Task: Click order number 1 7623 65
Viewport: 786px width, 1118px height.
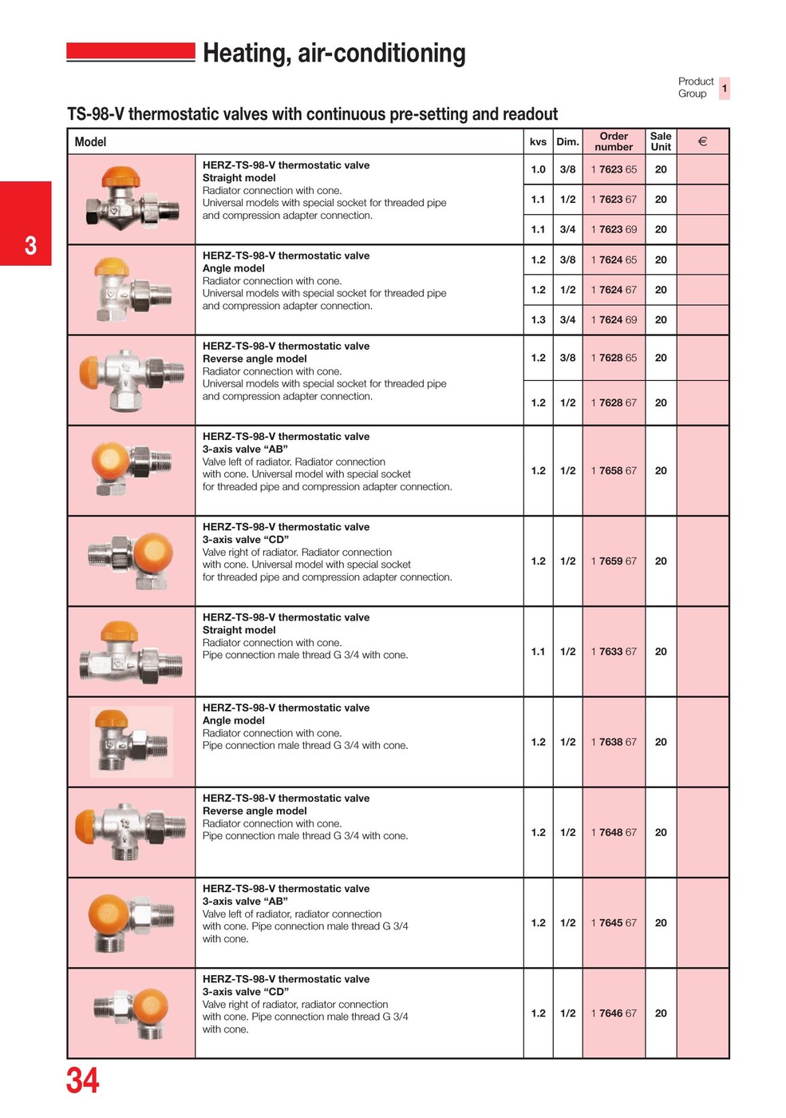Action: pos(614,169)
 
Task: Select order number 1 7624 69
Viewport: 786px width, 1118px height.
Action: pos(614,319)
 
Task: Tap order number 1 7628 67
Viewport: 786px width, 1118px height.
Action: pos(614,402)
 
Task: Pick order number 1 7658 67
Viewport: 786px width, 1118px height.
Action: pos(614,470)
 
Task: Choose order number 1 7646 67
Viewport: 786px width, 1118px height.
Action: pos(614,1013)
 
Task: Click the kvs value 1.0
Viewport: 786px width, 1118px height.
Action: pos(539,169)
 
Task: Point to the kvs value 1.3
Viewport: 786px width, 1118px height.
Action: pos(539,319)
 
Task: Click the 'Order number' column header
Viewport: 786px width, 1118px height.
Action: pos(614,141)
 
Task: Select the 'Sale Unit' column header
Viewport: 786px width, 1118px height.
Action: pos(661,141)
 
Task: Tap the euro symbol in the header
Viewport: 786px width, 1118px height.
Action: pos(702,141)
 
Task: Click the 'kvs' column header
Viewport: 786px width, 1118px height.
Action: pos(539,142)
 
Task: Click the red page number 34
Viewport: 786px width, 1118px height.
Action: pos(83,1080)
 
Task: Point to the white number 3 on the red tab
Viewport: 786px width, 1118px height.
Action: pos(30,244)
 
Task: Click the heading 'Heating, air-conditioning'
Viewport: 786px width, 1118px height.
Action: pos(334,53)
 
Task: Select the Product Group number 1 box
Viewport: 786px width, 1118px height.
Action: pos(724,88)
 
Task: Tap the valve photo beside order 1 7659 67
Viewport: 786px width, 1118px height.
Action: pos(132,561)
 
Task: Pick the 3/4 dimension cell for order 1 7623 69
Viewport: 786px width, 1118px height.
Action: pos(567,229)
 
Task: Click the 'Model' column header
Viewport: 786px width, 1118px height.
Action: pos(90,142)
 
